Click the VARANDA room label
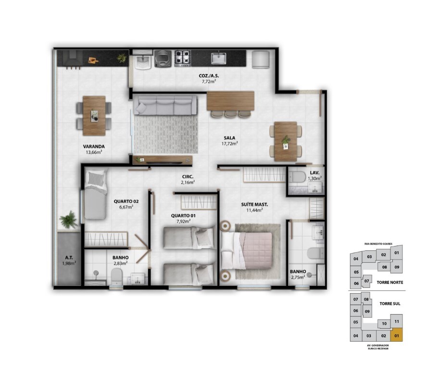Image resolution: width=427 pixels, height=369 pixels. tap(94, 147)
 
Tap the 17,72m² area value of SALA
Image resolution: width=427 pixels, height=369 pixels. tap(229, 143)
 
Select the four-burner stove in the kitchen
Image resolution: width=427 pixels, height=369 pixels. tap(182, 58)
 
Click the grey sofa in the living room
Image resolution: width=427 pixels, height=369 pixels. tap(165, 105)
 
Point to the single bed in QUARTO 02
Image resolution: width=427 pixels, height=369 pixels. tap(95, 195)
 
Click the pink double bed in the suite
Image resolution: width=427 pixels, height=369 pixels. tap(247, 251)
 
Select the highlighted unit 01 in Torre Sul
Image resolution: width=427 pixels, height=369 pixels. tap(397, 335)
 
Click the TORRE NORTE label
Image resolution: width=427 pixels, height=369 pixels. tap(390, 283)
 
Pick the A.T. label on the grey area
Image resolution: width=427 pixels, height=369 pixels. tap(69, 258)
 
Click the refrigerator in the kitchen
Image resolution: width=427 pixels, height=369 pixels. tap(261, 59)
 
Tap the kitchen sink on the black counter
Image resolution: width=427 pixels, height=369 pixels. tap(218, 58)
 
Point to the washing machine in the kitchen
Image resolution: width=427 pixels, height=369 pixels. tap(163, 58)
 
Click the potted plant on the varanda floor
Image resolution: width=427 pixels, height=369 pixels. tap(68, 219)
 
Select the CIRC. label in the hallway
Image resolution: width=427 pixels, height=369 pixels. tap(188, 177)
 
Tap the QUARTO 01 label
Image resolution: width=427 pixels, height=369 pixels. tap(183, 216)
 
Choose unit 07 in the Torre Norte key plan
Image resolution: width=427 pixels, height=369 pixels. tap(366, 281)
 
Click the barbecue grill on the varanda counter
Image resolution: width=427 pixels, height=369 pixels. tap(73, 58)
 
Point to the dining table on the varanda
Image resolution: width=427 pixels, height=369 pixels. tap(94, 116)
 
